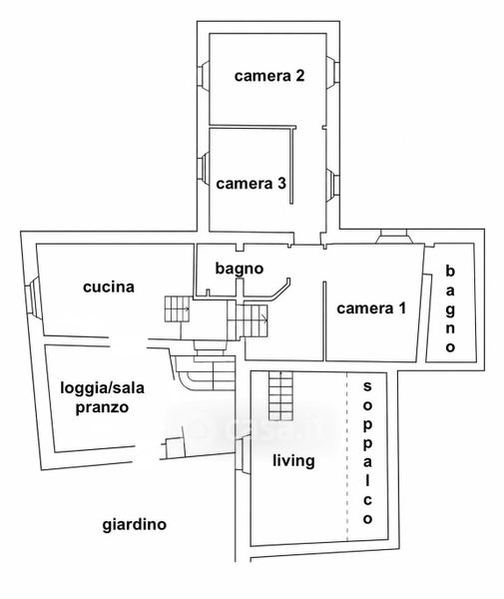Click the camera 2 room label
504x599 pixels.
(269, 76)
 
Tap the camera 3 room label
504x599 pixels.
(251, 184)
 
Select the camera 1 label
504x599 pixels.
(371, 308)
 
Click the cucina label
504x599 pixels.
(109, 287)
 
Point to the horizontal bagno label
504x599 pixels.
(240, 269)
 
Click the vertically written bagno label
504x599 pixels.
(450, 308)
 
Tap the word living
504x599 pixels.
(293, 460)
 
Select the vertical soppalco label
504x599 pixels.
(367, 452)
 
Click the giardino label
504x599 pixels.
(135, 524)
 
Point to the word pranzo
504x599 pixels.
(102, 407)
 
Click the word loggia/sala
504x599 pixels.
(103, 388)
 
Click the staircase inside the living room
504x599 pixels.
(281, 395)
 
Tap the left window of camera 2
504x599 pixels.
(204, 76)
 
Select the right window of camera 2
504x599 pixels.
(332, 73)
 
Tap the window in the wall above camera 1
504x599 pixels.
(394, 237)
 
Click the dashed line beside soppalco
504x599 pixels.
(347, 456)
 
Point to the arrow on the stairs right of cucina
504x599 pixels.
(186, 308)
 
